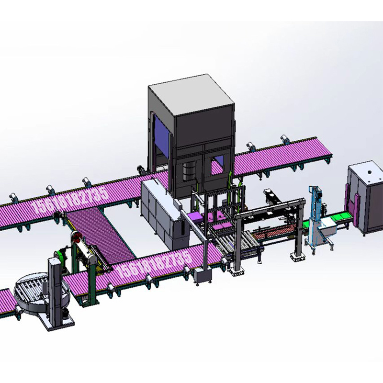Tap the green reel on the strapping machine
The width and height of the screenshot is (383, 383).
[59, 256]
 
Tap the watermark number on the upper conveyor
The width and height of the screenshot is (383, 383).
[69, 200]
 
